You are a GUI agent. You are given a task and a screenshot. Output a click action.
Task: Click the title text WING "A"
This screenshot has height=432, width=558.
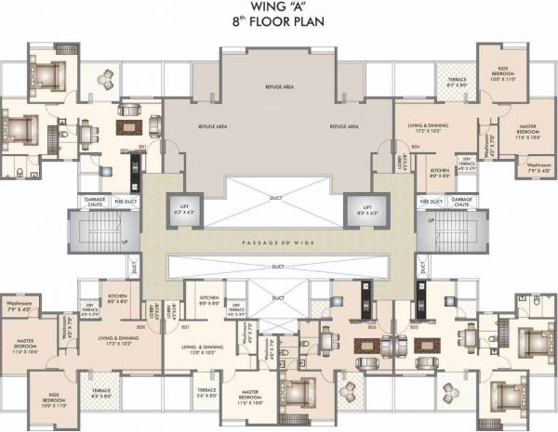pos(279,10)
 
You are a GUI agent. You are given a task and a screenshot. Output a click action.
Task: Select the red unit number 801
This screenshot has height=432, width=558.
pos(142,148)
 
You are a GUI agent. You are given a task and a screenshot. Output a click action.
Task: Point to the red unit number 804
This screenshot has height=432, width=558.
pos(416,148)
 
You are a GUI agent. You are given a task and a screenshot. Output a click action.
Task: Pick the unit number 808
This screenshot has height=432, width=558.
pos(141,326)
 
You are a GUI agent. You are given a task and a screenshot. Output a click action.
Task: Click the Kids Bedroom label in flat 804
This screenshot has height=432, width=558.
pos(501,75)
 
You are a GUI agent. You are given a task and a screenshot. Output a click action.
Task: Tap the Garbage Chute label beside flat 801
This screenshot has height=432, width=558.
pos(95,201)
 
